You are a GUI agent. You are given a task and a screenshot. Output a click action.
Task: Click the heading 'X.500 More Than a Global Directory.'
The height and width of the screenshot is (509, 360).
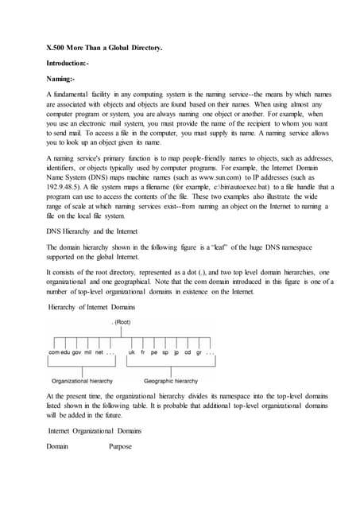click(x=104, y=49)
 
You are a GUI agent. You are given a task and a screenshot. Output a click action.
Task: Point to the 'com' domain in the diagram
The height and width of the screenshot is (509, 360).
click(x=55, y=352)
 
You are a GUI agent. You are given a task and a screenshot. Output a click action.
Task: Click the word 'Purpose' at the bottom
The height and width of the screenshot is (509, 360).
click(x=125, y=446)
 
